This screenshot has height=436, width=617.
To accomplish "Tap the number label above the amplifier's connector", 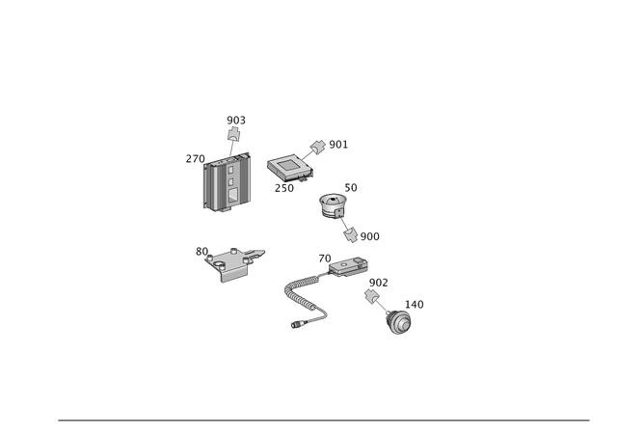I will click(x=236, y=120).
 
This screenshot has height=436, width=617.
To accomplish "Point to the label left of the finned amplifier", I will click(x=195, y=158).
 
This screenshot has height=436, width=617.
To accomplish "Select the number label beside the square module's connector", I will click(x=337, y=144).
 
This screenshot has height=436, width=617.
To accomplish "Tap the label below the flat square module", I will click(x=284, y=187).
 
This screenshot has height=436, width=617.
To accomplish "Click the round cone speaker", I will click(x=333, y=204).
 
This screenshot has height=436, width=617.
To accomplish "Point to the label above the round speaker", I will click(x=351, y=185).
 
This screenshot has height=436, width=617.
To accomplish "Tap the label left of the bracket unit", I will click(x=201, y=250).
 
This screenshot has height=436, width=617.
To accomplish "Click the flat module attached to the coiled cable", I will click(x=344, y=266).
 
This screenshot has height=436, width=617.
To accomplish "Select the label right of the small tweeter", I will click(x=415, y=304).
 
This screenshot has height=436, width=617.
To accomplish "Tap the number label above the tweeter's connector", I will click(x=377, y=281).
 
